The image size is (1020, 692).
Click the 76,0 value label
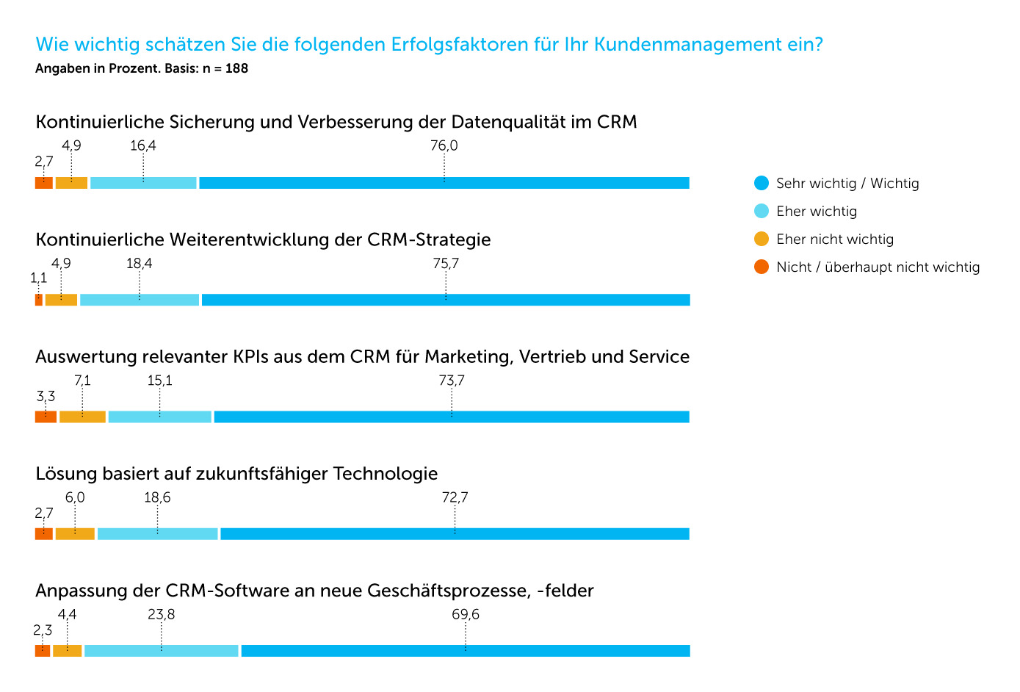coord(444,145)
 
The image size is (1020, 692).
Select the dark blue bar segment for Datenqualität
coord(444,183)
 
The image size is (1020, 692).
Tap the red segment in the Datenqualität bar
coord(44,183)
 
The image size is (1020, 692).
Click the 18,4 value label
coord(139,263)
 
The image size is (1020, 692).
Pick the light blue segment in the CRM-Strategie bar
coord(140,300)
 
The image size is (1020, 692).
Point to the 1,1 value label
coord(38,278)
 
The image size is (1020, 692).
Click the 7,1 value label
coord(82,380)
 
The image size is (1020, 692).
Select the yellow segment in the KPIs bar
coord(82,417)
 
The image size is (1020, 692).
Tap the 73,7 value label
coord(452,380)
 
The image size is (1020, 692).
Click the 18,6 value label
coord(157,497)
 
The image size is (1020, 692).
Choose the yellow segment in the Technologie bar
coord(75,534)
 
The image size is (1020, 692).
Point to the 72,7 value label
coord(455,497)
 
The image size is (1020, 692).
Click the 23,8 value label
coord(162,614)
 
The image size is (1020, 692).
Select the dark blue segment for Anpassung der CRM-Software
coord(466,651)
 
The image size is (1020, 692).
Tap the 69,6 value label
coord(466,614)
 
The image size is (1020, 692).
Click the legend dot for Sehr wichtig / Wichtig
coord(762,183)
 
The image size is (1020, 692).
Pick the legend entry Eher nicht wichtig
coord(834,239)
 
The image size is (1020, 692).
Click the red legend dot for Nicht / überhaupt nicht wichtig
coord(762,267)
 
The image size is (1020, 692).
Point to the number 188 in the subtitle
coord(236,69)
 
